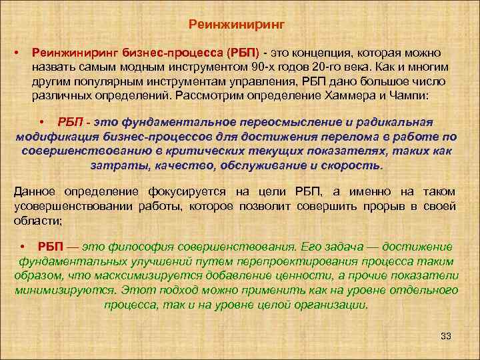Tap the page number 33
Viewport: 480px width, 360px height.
click(446, 335)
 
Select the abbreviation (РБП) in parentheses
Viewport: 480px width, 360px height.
click(245, 53)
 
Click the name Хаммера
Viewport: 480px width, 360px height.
click(358, 96)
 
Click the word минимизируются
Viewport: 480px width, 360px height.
click(61, 291)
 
